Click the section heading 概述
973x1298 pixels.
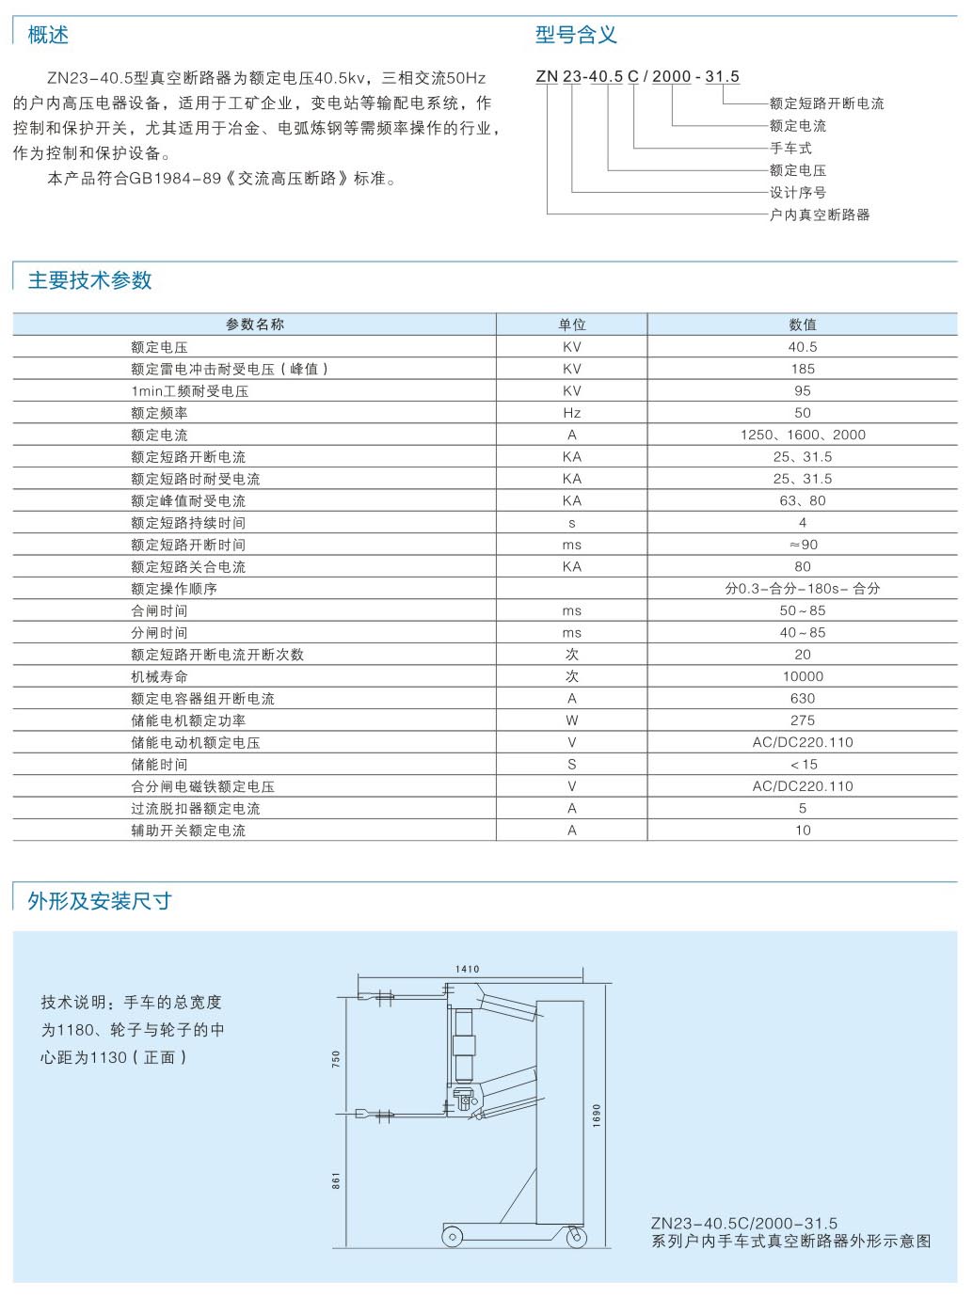(x=48, y=36)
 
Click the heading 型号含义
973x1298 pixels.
(x=576, y=36)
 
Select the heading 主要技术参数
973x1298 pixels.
(x=90, y=280)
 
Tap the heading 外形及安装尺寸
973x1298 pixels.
(x=100, y=901)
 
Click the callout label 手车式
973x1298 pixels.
(x=790, y=148)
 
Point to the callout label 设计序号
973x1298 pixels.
(x=798, y=193)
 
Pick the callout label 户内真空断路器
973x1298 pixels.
(x=820, y=215)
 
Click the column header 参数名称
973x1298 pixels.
(x=254, y=324)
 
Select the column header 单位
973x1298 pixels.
(x=572, y=324)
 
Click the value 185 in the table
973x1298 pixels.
(x=803, y=369)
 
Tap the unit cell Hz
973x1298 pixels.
(x=572, y=413)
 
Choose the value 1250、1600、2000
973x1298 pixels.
(x=803, y=435)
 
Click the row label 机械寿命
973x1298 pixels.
(x=159, y=676)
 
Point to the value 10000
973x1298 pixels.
(x=803, y=676)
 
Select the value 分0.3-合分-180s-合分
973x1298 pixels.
(x=803, y=589)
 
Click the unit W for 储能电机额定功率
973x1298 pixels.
(x=572, y=720)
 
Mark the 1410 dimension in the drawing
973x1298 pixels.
(x=468, y=969)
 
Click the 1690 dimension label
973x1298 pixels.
(x=597, y=1116)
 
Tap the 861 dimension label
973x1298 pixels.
(x=337, y=1180)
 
